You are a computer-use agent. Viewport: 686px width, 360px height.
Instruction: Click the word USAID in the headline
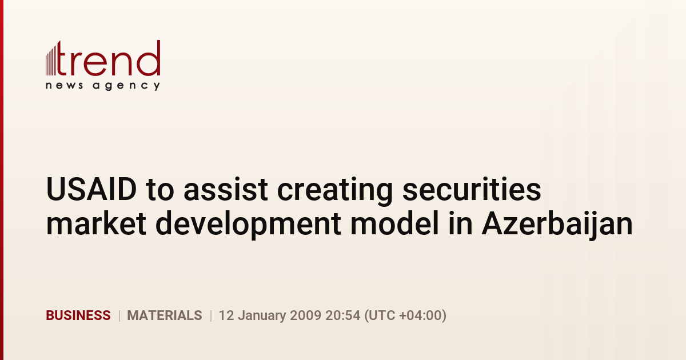coord(91,189)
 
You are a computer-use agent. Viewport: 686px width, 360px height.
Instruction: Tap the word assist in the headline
coord(226,189)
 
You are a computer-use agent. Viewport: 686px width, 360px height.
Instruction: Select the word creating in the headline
coord(335,191)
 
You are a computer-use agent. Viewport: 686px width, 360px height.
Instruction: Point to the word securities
coord(472,189)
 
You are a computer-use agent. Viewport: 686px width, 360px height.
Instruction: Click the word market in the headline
coord(96,223)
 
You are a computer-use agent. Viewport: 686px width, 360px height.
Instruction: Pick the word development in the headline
coord(248,225)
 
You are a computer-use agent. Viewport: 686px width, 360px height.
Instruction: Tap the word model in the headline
coord(394,223)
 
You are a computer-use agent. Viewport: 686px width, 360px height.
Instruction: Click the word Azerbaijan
coord(557,225)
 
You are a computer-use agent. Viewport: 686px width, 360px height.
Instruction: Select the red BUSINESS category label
coord(78,315)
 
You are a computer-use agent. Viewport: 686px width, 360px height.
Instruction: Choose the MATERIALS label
coord(165,315)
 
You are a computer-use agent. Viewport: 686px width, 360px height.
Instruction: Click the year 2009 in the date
coord(305,315)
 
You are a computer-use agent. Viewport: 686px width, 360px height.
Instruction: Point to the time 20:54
coord(342,315)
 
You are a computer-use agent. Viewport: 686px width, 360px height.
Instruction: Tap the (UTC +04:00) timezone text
coord(405,315)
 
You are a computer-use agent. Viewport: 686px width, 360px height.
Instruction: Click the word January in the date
coord(262,316)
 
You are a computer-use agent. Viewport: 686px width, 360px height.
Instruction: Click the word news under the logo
coord(64,85)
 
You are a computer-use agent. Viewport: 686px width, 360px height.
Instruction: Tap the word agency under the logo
coord(126,86)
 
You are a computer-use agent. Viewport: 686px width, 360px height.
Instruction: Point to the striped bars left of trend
coord(51,60)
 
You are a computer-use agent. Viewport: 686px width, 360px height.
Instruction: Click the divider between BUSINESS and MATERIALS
coord(119,315)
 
